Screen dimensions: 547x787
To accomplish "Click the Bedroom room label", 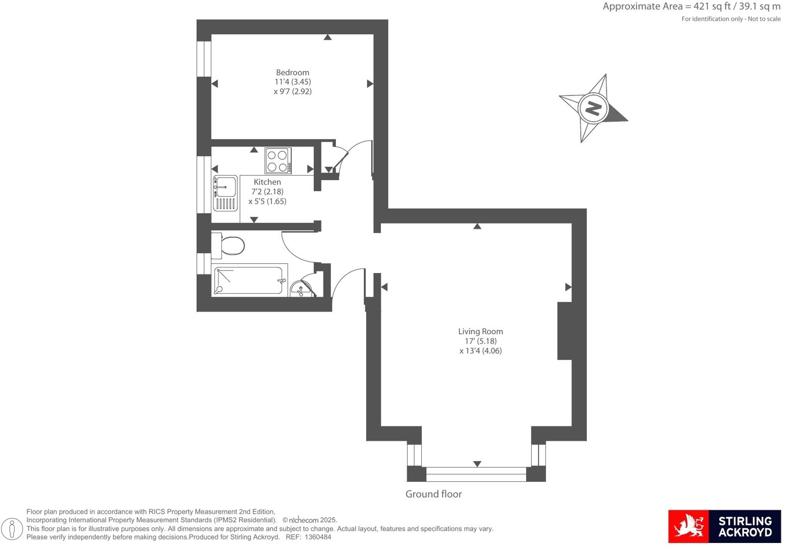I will (292, 72).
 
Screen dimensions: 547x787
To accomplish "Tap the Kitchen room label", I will (267, 182).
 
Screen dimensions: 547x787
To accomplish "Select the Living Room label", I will (480, 331).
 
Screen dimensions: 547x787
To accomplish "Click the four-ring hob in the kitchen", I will (278, 160).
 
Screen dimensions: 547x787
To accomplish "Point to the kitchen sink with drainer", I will (225, 193).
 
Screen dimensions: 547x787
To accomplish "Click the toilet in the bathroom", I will (229, 246).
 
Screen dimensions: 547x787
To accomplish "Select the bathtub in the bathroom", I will (249, 280).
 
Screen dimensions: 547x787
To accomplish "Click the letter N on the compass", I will (593, 108).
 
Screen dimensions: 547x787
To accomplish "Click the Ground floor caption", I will (433, 494).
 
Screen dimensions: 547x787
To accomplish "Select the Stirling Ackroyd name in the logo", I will (745, 526).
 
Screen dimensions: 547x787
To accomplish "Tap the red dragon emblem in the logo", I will (688, 526).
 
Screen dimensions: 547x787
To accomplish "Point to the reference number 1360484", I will (318, 537).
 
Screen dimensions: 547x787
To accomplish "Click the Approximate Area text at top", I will (691, 7).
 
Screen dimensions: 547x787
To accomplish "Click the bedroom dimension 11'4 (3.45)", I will (293, 82).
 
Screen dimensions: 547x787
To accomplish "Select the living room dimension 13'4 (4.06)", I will (480, 351).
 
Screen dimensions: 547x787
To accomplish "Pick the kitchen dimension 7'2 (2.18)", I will (267, 192).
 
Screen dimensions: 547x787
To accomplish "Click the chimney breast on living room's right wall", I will (565, 331).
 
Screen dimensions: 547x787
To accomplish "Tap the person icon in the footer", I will (12, 529).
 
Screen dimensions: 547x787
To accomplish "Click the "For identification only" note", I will (730, 19).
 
